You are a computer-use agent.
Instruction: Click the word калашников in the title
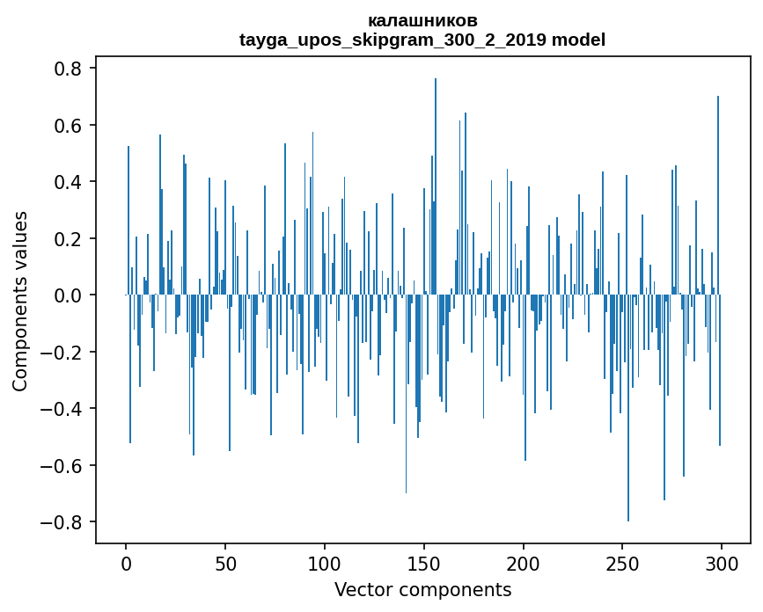[422, 20]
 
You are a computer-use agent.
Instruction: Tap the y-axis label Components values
[20, 301]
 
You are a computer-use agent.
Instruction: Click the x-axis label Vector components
[422, 589]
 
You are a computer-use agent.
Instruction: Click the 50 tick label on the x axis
[225, 564]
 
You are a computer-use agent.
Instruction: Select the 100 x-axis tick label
[325, 564]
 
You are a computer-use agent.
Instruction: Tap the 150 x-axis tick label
[424, 564]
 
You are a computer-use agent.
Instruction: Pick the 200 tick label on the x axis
[524, 564]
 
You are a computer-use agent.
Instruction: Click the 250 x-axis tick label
[622, 564]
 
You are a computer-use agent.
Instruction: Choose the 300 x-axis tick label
[722, 564]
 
